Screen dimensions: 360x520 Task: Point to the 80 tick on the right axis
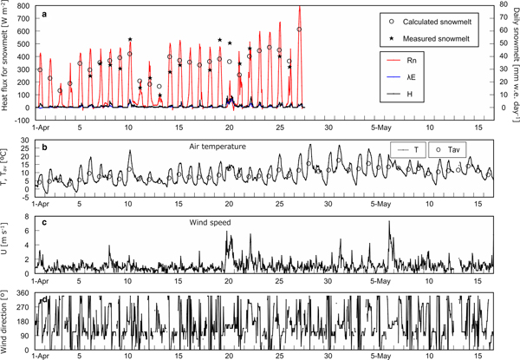click(502, 7)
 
